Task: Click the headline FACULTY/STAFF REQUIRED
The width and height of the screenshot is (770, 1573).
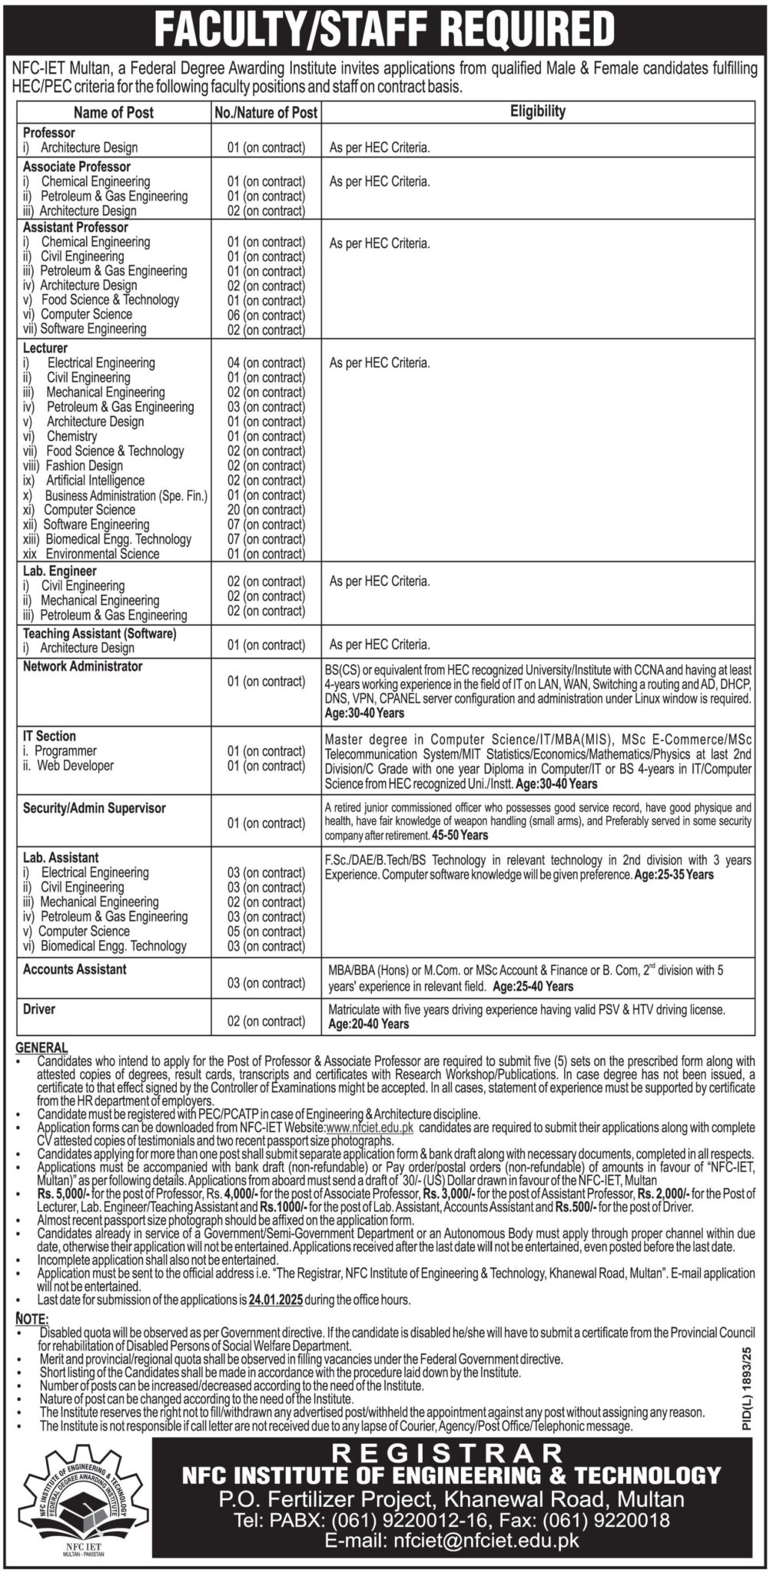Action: pyautogui.click(x=384, y=29)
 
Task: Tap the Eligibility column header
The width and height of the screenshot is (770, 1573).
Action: pyautogui.click(x=537, y=111)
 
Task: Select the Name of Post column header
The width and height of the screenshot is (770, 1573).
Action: pyautogui.click(x=115, y=112)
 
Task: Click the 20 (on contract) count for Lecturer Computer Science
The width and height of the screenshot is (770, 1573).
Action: pyautogui.click(x=266, y=510)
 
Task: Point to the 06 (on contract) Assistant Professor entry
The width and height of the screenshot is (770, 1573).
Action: pyautogui.click(x=266, y=315)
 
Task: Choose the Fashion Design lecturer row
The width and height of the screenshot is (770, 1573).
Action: pyautogui.click(x=84, y=465)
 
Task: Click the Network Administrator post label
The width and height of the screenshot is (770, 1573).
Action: pyautogui.click(x=82, y=667)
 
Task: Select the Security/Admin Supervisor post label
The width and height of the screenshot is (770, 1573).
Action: pyautogui.click(x=94, y=808)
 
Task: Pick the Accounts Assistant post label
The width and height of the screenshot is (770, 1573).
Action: pyautogui.click(x=75, y=969)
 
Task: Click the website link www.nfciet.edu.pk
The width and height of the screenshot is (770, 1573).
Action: pyautogui.click(x=370, y=1127)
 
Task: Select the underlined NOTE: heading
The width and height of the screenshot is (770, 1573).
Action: pyautogui.click(x=31, y=1318)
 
